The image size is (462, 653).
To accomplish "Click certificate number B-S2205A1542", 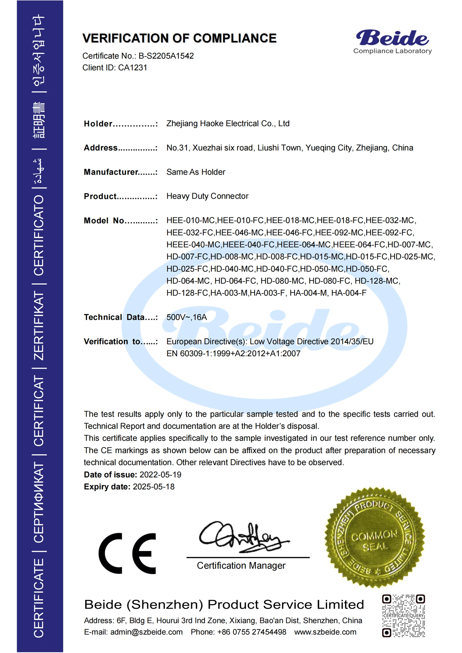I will [166, 56].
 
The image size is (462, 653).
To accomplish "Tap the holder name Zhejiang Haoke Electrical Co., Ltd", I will [228, 124].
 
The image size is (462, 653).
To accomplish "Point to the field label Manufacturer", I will [111, 172].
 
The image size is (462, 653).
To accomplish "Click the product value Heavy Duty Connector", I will [207, 196].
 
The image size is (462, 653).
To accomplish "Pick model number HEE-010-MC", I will [191, 220].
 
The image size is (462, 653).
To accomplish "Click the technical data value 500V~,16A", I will [187, 317].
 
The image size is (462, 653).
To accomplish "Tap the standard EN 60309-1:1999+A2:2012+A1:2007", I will [233, 353].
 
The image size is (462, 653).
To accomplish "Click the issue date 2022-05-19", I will [160, 475].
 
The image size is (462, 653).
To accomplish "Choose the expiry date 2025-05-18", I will [154, 487].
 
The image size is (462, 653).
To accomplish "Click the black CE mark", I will [127, 553].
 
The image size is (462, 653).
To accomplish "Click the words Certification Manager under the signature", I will [241, 566].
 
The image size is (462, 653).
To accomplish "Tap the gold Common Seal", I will [375, 538].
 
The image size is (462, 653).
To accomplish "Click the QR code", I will [403, 616].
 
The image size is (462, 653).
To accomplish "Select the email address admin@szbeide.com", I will [146, 632].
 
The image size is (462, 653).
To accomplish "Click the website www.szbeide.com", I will [325, 632].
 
